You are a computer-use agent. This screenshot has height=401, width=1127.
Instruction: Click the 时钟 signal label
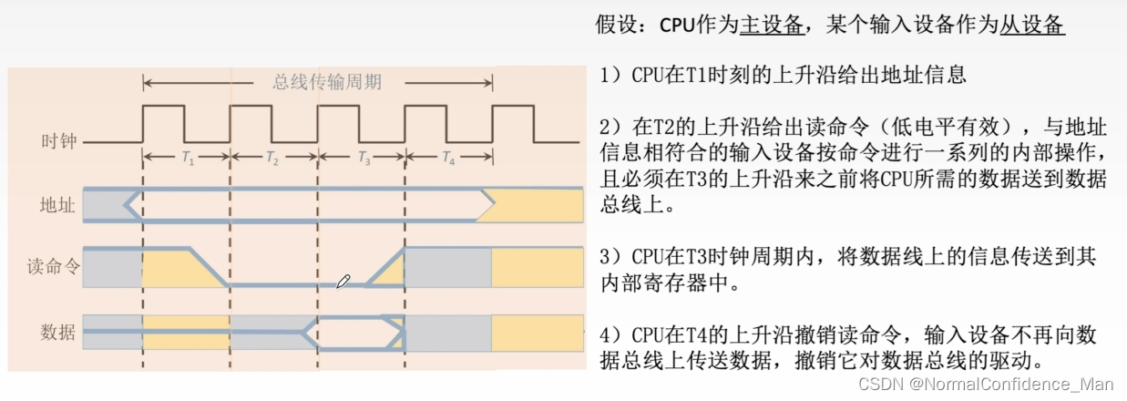click(59, 142)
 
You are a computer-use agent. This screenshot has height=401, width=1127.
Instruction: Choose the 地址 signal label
click(59, 205)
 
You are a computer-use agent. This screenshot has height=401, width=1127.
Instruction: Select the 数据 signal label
click(59, 331)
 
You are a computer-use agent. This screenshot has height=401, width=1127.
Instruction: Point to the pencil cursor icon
click(343, 282)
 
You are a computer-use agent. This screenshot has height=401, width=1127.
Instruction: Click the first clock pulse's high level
click(164, 108)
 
